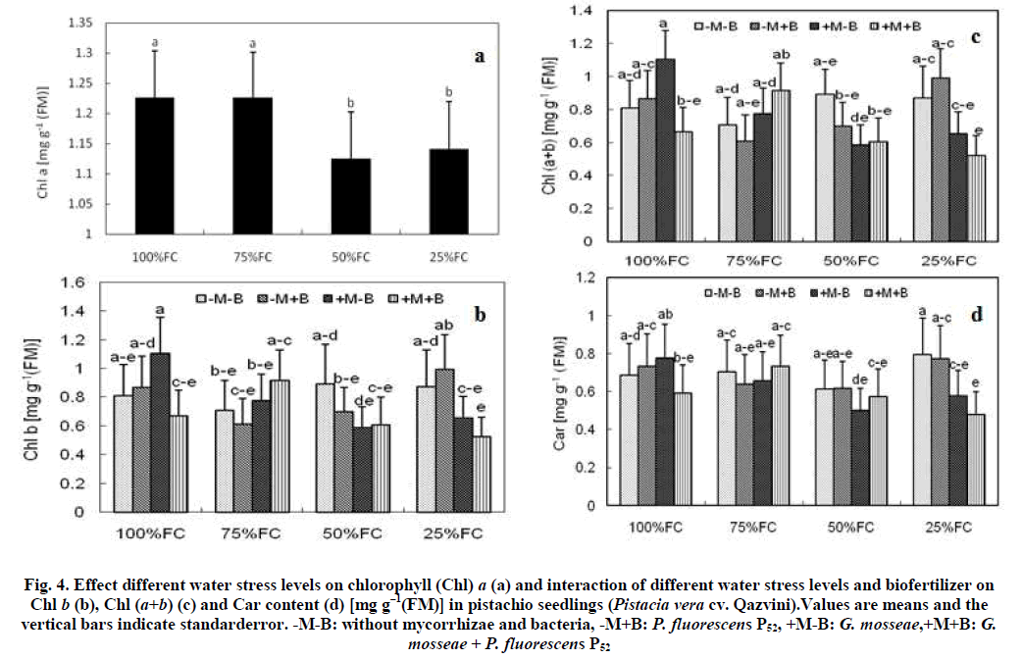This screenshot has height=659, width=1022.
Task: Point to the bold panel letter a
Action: tap(480, 57)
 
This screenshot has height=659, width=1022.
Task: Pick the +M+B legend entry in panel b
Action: tap(419, 298)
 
